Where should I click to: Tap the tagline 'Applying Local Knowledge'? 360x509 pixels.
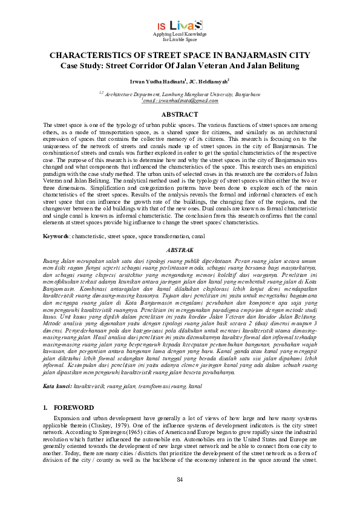180,34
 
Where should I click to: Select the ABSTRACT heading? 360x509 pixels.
180,114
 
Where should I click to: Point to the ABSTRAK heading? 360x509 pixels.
180,249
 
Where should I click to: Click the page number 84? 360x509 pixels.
180,479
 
